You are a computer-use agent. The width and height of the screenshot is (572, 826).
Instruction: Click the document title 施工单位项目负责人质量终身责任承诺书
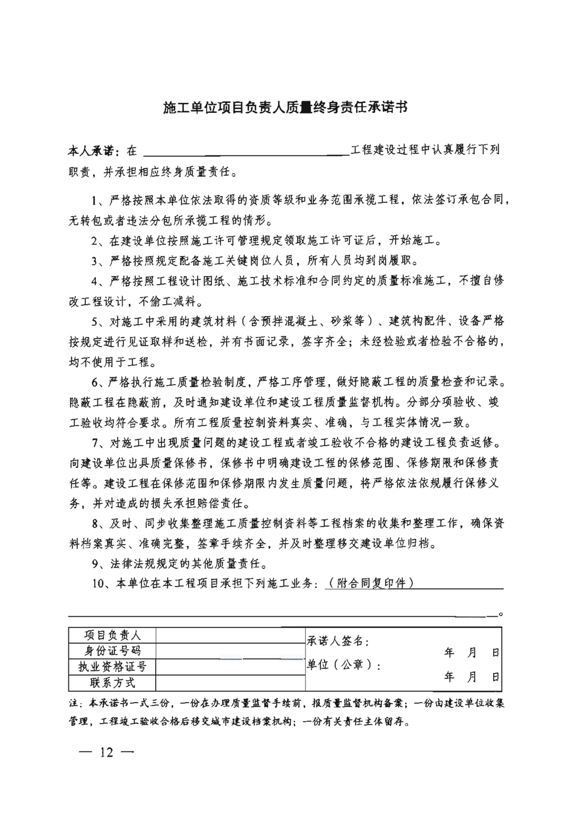(x=285, y=108)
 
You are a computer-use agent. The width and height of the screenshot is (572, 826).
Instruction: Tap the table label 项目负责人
(x=112, y=635)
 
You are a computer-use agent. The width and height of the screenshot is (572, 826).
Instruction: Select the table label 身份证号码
(x=112, y=651)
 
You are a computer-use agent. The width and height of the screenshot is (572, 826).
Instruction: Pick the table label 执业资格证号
(x=112, y=667)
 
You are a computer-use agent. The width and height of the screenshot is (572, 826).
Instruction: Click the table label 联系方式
(x=112, y=682)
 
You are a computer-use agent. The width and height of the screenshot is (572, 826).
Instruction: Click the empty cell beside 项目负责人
(x=230, y=635)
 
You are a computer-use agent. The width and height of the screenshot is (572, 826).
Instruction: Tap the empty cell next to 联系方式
(x=230, y=682)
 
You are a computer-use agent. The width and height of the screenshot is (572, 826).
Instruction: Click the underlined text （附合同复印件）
(x=370, y=583)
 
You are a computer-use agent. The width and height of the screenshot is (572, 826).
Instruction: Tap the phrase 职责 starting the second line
(x=79, y=172)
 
